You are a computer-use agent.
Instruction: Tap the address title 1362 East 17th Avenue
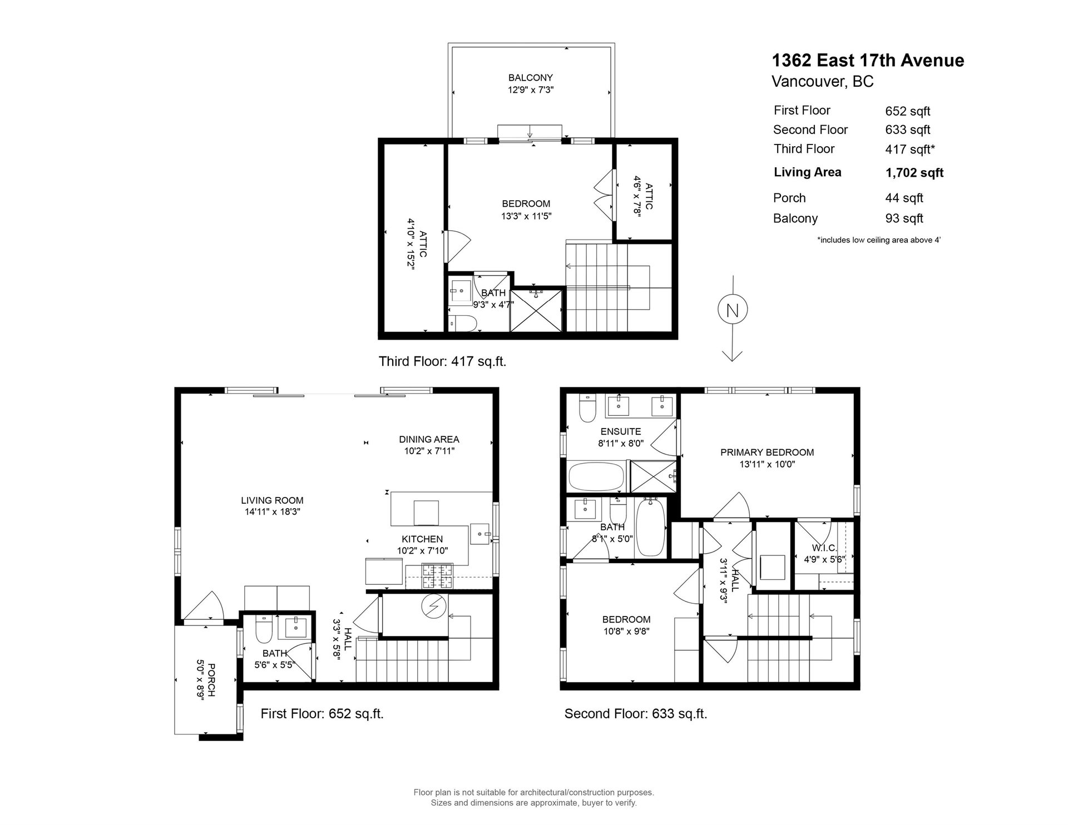[868, 60]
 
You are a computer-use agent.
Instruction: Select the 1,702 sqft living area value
[914, 173]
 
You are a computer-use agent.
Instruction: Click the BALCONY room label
[531, 78]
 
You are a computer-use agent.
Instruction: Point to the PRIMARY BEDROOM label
[767, 453]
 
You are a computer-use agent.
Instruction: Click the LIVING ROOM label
[273, 500]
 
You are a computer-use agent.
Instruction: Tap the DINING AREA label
[429, 440]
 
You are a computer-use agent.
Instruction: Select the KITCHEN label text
[423, 539]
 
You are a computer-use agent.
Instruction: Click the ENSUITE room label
[621, 431]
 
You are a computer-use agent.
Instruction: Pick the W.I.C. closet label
[824, 548]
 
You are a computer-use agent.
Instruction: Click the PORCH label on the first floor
[211, 679]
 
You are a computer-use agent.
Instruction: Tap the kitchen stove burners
[438, 576]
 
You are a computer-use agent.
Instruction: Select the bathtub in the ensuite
[596, 476]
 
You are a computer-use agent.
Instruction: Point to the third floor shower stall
[536, 309]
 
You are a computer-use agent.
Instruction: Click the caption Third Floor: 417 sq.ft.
[442, 361]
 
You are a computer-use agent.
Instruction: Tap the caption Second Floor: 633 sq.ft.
[636, 714]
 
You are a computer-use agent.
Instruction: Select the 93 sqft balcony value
[904, 218]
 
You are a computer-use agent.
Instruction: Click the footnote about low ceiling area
[879, 240]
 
